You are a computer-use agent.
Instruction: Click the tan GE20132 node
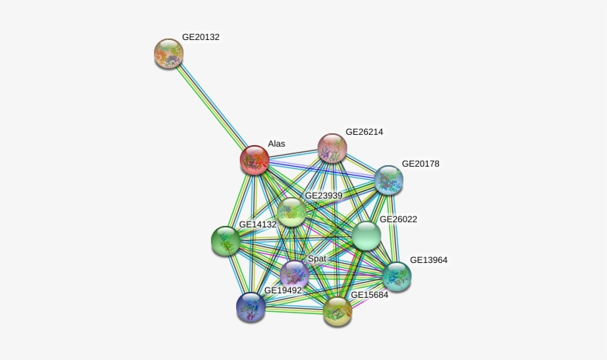pos(169,53)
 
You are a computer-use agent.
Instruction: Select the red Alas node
pos(255,160)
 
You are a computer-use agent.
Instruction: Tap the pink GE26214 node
pos(332,147)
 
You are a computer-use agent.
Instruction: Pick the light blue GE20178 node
pos(389,180)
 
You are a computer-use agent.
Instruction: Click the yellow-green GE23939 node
pos(292,212)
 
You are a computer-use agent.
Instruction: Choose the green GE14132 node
pos(226,241)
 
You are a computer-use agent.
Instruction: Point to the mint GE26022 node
pos(366,236)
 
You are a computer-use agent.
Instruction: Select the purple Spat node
pos(295,275)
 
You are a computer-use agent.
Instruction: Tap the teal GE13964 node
pos(397,276)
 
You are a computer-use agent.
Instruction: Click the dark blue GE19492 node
pos(251,307)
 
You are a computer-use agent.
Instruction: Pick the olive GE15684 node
pos(338,311)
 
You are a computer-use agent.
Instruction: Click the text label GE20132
pos(201,37)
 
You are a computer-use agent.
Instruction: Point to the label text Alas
pos(276,144)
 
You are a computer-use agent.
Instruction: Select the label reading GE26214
pos(364,132)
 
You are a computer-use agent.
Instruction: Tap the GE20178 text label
pos(420,164)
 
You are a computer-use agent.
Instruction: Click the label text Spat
pos(317,259)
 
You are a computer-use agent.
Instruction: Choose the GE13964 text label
pos(429,260)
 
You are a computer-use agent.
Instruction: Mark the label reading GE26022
pos(398,219)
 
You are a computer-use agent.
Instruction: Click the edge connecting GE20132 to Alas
pos(212,107)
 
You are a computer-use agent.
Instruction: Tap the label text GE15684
pos(369,295)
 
